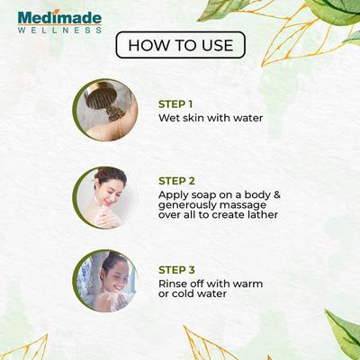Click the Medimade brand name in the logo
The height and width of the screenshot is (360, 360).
click(59, 17)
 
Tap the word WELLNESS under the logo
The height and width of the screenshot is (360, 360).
click(59, 30)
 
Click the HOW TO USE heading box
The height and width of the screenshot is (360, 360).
click(180, 45)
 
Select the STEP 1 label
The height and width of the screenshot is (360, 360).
click(176, 103)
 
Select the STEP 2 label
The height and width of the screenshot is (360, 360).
click(176, 179)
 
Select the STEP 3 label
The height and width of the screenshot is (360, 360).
click(176, 269)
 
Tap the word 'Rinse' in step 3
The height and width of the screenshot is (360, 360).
click(175, 283)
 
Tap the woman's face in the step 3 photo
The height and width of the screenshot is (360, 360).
click(111, 267)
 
